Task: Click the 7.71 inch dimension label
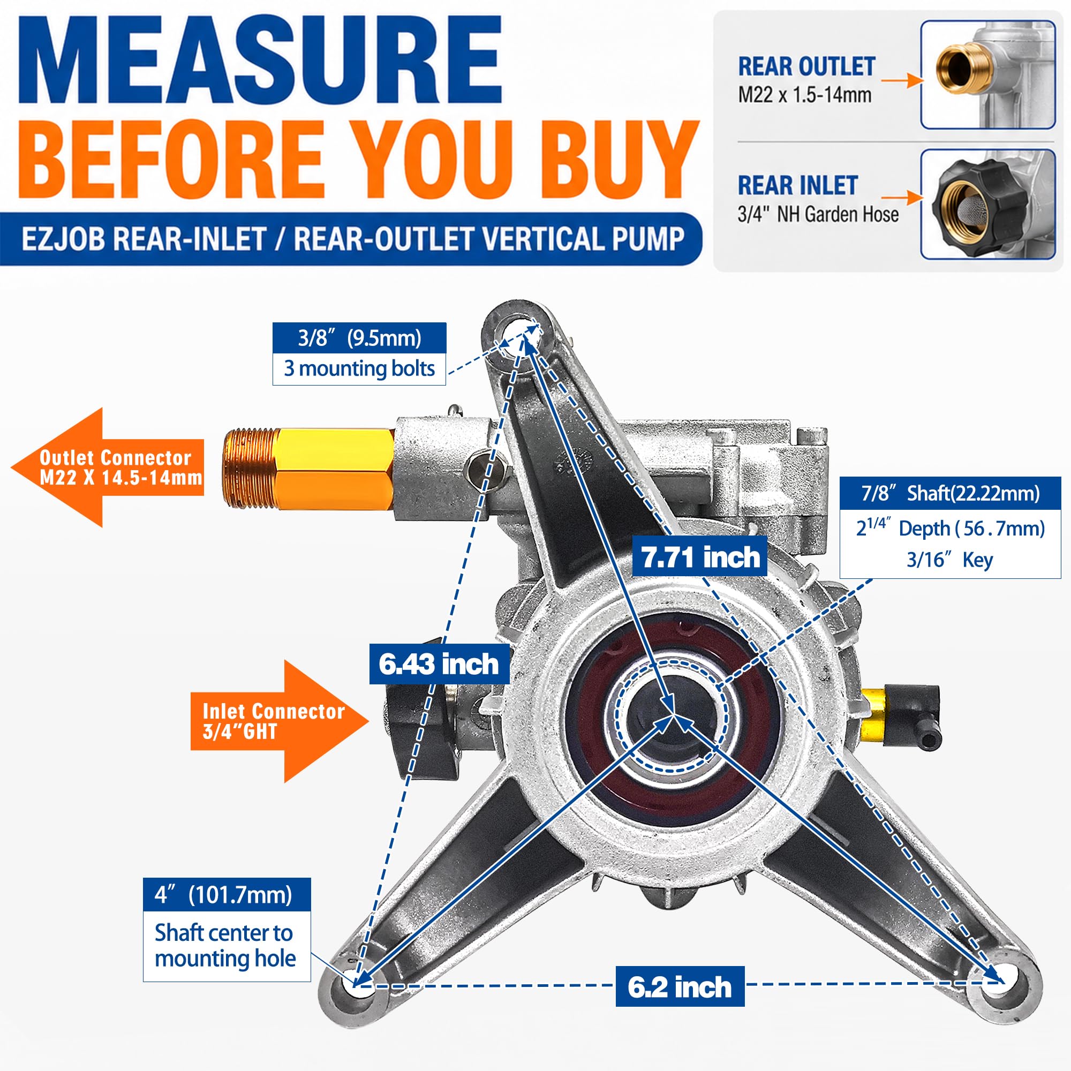tap(699, 556)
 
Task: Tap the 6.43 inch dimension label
tap(439, 663)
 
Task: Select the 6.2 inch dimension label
tap(680, 986)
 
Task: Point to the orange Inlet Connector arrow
tap(280, 721)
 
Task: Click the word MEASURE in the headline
tap(261, 61)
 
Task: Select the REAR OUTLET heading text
tap(806, 66)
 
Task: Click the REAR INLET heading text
tap(798, 185)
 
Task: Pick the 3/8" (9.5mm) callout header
tap(359, 337)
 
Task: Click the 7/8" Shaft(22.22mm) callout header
tap(950, 493)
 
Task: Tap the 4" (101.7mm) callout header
tap(227, 894)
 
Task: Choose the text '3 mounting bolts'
tap(359, 368)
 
